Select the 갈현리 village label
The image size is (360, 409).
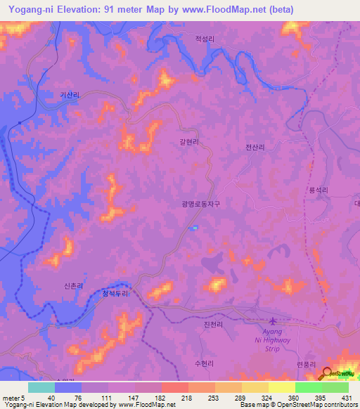tap(188, 141)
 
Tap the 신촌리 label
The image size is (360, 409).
tap(74, 286)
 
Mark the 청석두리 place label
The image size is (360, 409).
tap(115, 294)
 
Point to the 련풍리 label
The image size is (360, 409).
tap(308, 364)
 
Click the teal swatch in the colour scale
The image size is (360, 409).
tap(41, 387)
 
